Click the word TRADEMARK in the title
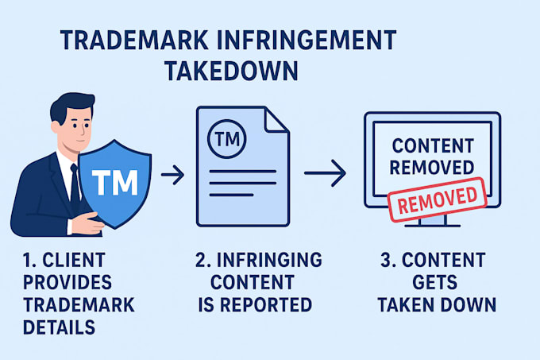coord(133,40)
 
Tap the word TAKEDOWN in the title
coord(231,71)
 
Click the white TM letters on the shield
coord(115,182)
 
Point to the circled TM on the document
coord(227,139)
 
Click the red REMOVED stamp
coord(438,199)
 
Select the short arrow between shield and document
coord(172,175)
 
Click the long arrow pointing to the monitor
coord(325,173)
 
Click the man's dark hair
coord(71,105)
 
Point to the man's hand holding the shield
coord(87,224)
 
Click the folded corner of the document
coord(276,120)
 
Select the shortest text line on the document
coord(231,195)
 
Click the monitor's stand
coord(433,220)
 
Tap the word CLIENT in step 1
coord(74,260)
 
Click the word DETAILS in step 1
coord(59,327)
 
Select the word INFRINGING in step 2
coord(269,260)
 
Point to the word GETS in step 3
coord(434,282)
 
